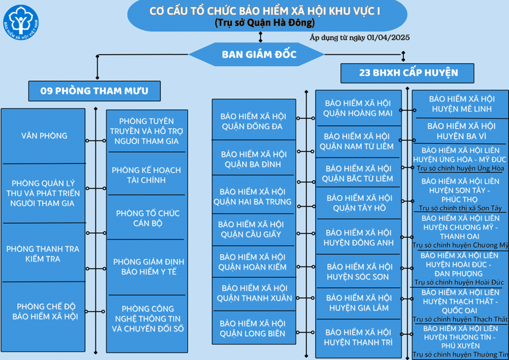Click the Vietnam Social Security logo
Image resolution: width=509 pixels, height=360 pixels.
click(21, 23)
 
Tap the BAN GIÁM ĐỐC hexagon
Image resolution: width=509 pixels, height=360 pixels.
click(257, 54)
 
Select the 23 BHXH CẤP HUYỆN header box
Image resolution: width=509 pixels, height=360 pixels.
click(407, 73)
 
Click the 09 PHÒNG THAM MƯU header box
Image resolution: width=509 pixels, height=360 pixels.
click(94, 91)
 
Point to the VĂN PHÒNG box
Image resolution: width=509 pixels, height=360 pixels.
click(43, 136)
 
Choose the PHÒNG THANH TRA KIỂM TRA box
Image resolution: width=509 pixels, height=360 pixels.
click(43, 253)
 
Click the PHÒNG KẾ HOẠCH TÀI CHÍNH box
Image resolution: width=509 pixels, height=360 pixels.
click(147, 175)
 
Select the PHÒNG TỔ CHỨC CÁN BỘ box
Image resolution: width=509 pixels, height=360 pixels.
click(147, 218)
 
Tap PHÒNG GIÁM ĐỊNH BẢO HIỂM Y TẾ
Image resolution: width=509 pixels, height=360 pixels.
click(147, 267)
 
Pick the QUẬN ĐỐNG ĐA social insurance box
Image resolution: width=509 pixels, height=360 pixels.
click(254, 121)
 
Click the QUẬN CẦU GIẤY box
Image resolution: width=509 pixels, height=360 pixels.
click(253, 229)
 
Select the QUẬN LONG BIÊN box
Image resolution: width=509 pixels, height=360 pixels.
click(254, 328)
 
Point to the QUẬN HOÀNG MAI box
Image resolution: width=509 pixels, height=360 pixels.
click(358, 108)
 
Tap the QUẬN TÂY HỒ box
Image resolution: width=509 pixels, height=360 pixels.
click(358, 203)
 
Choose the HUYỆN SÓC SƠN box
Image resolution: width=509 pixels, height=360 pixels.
click(358, 271)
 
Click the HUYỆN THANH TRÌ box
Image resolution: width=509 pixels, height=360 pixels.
click(358, 338)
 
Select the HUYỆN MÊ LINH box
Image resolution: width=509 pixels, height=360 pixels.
click(461, 104)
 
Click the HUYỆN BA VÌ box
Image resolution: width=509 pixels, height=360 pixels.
click(461, 131)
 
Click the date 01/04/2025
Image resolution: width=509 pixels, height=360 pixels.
click(388, 37)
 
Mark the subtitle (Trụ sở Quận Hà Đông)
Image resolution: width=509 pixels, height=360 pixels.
click(265, 23)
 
